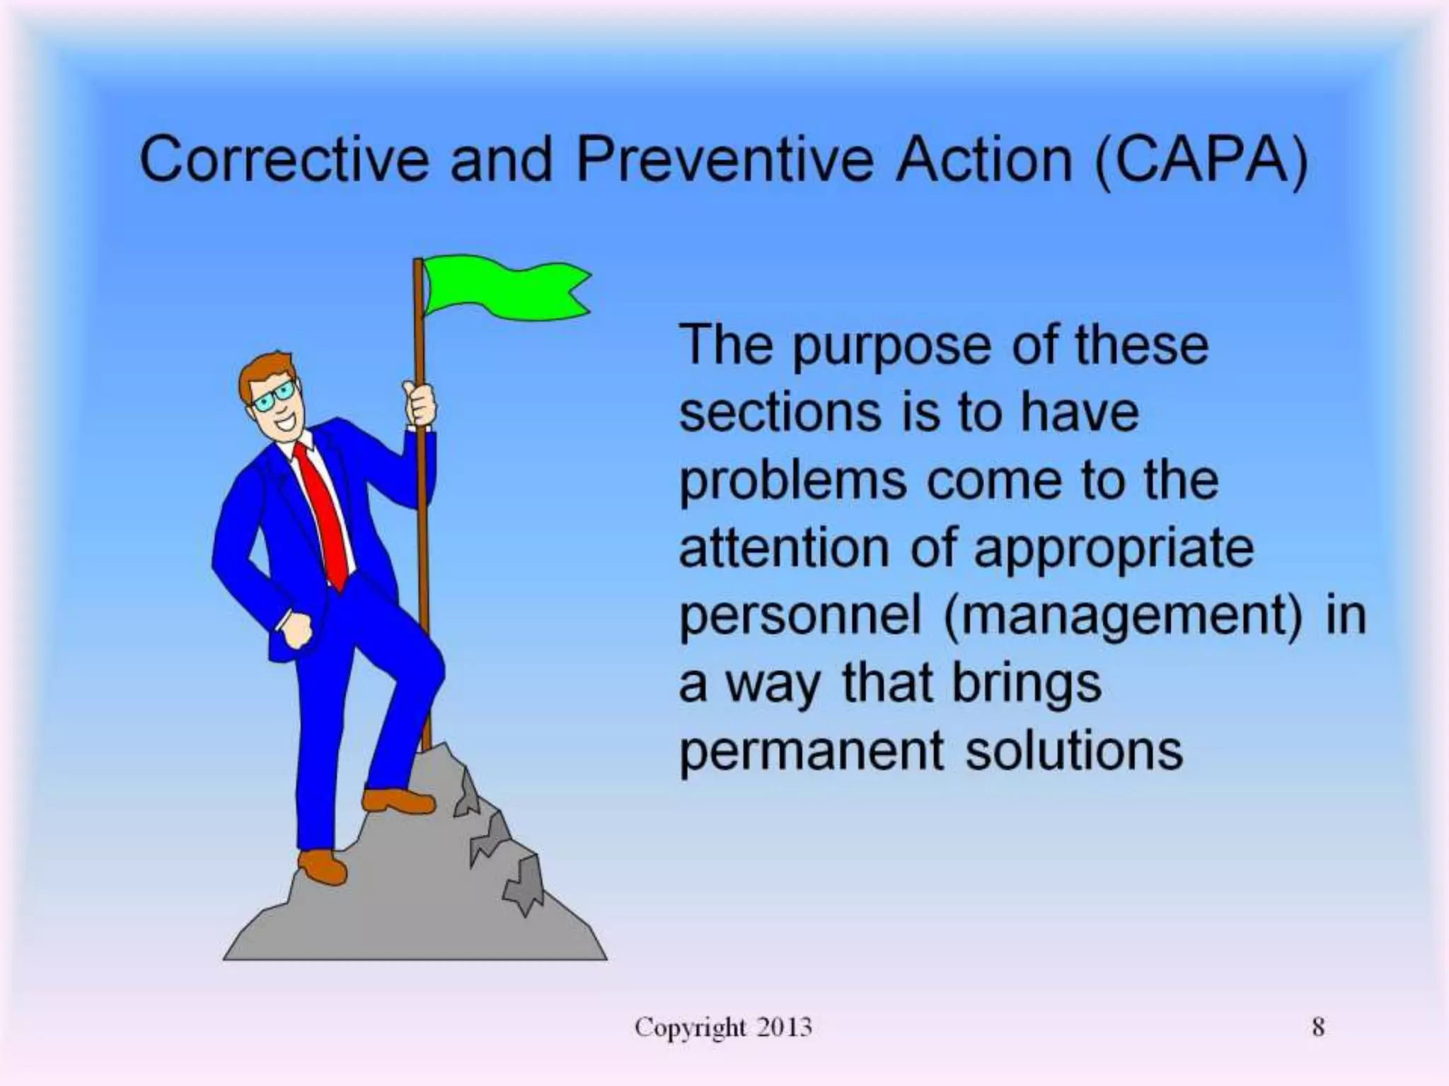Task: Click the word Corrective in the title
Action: (284, 159)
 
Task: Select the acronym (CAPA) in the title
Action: (1201, 160)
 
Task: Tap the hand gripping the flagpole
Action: (420, 403)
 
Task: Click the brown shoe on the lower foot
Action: (322, 865)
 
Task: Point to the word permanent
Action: (811, 751)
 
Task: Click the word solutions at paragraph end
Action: (1074, 751)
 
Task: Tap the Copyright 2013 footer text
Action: (723, 1027)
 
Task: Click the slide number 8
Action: (1318, 1027)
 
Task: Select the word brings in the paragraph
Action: (1027, 684)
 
